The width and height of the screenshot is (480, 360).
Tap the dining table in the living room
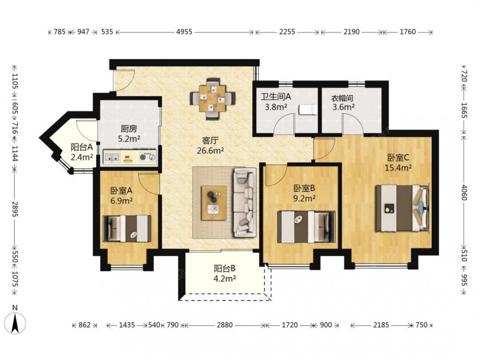[212, 98]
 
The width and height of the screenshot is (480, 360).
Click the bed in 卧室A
[127, 228]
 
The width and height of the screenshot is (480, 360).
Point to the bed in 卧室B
[305, 227]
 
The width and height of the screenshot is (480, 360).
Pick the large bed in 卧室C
[402, 208]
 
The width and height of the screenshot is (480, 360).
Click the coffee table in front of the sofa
[214, 203]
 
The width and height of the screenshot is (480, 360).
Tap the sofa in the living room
[245, 203]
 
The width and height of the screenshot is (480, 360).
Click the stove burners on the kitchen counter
[148, 157]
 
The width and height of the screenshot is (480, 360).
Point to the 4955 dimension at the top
[184, 32]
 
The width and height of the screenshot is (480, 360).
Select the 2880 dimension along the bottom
[225, 325]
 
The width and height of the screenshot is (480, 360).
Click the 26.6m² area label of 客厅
[211, 150]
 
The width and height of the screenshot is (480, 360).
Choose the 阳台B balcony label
[225, 268]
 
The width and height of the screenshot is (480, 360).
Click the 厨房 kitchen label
[129, 129]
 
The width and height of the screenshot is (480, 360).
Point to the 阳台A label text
[82, 147]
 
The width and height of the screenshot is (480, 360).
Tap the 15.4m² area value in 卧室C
[398, 168]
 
